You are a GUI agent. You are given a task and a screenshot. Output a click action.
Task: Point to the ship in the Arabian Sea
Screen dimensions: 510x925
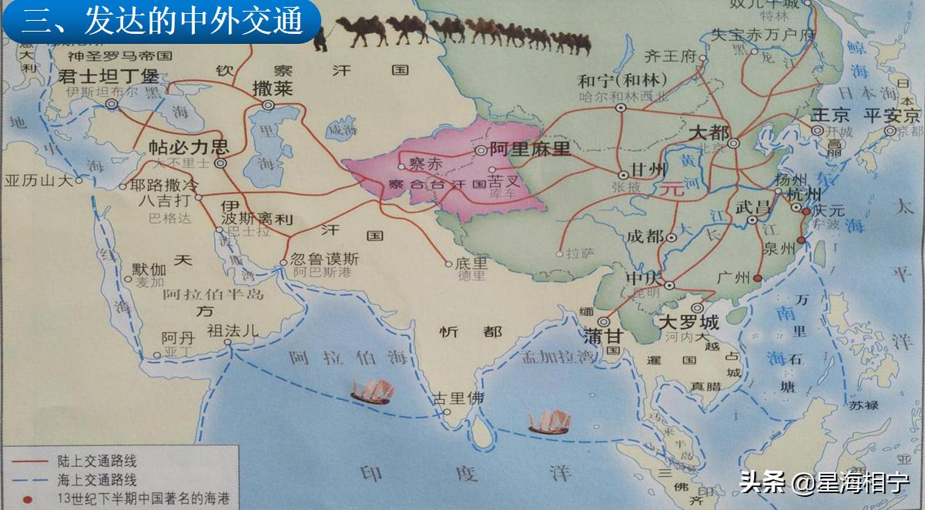click(372, 391)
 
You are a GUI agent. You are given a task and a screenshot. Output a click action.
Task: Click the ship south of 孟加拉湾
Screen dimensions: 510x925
click(549, 421)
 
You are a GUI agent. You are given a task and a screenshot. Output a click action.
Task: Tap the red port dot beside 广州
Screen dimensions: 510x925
click(757, 278)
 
